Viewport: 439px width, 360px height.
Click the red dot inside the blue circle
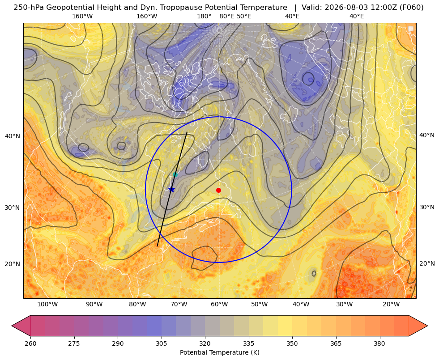(219, 190)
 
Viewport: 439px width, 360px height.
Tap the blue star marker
(172, 189)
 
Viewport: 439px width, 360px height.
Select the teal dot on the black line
(175, 175)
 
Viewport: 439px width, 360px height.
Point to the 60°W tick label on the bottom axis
(219, 304)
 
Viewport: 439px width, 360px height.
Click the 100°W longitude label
(47, 304)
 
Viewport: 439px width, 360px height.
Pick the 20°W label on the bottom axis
(391, 304)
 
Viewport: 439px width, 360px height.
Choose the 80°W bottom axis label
(137, 304)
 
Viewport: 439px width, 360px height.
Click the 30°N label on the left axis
(13, 208)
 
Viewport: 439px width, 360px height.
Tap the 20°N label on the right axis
(427, 263)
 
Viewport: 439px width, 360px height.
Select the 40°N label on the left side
(13, 136)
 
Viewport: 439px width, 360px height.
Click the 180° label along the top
(204, 16)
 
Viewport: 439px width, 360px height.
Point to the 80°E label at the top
(226, 16)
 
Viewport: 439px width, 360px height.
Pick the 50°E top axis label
(244, 16)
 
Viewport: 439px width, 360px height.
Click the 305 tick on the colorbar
(161, 343)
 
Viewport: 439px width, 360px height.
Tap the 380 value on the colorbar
(379, 343)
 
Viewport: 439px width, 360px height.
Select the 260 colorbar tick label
(30, 343)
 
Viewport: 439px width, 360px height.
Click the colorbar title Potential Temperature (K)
(219, 352)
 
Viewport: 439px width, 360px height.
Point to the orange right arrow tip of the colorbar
(427, 326)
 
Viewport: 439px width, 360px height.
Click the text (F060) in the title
(412, 8)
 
